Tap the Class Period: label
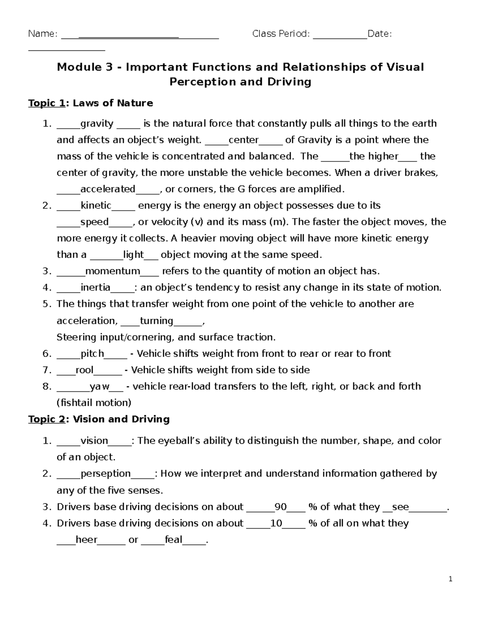[281, 34]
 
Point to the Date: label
[379, 34]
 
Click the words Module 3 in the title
[85, 67]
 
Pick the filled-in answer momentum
[112, 271]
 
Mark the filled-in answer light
[133, 255]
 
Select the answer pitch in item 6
[93, 354]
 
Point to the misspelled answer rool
[84, 370]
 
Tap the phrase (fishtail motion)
[94, 403]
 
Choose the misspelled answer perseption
[106, 474]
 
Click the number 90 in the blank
[281, 507]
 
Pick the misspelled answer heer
[86, 540]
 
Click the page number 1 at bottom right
[451, 579]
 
